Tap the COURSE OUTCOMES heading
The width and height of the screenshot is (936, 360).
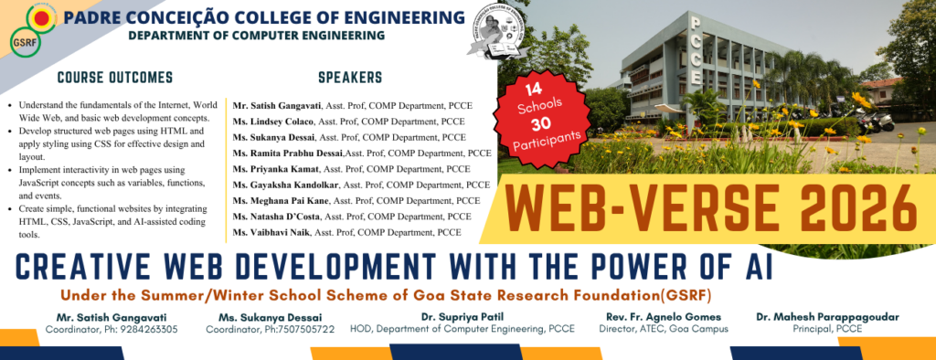[115, 78]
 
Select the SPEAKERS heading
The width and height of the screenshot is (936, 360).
[350, 78]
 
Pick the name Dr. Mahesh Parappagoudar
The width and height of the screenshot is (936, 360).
[827, 316]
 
